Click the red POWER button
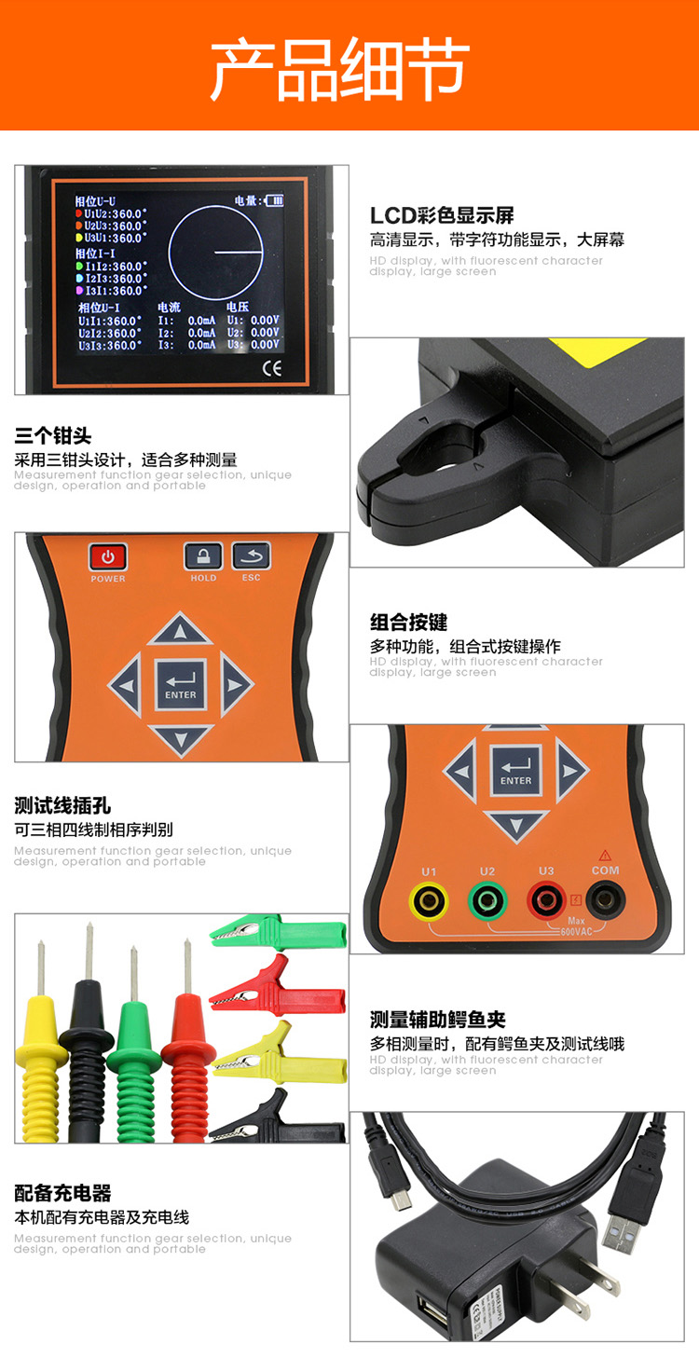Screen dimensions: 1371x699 coord(108,557)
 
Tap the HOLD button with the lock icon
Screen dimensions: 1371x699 coord(202,556)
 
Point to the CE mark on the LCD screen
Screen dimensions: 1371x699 coord(271,367)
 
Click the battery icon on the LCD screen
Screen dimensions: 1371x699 coord(274,199)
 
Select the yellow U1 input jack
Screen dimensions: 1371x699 coord(428,901)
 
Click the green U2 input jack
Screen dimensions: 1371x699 coord(487,901)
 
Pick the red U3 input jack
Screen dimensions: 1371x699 coord(545,901)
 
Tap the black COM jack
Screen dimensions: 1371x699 coord(605,900)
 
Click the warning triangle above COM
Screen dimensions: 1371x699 coord(605,855)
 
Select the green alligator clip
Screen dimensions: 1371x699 coord(280,931)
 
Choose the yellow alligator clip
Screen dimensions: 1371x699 coord(280,1051)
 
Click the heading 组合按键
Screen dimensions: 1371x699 coord(408,623)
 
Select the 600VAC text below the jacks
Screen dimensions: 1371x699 coord(577,931)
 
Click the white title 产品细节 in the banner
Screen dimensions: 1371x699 coord(339,70)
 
